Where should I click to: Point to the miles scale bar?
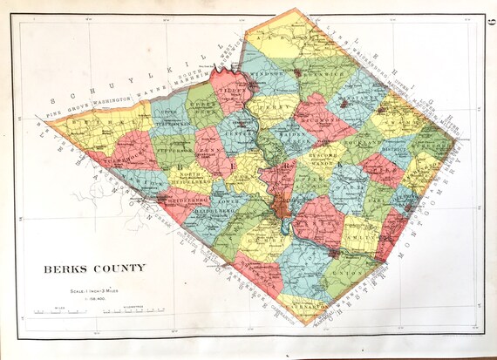(x=52, y=310)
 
